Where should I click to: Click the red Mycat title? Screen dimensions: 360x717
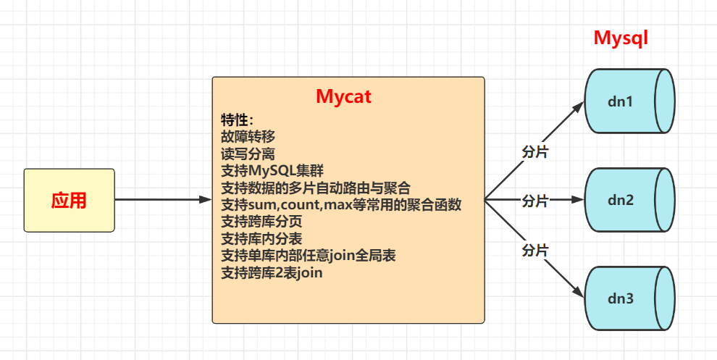(x=343, y=96)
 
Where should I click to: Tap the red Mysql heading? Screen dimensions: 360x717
(x=620, y=38)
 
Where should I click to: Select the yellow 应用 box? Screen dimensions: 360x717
(x=69, y=201)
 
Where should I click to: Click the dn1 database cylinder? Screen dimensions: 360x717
(x=629, y=101)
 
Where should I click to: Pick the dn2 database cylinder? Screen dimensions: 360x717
(x=629, y=200)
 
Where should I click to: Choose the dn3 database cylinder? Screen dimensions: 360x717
(x=629, y=298)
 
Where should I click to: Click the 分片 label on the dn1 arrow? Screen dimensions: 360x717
(x=534, y=153)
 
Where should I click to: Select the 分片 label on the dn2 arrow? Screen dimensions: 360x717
(x=534, y=201)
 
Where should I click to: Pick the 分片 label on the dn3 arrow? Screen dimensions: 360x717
(x=534, y=251)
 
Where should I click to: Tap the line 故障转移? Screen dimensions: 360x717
(x=248, y=136)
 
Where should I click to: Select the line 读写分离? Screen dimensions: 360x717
(x=248, y=154)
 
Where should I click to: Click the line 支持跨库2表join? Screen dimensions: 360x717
(x=272, y=273)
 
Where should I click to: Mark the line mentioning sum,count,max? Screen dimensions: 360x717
(x=340, y=204)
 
